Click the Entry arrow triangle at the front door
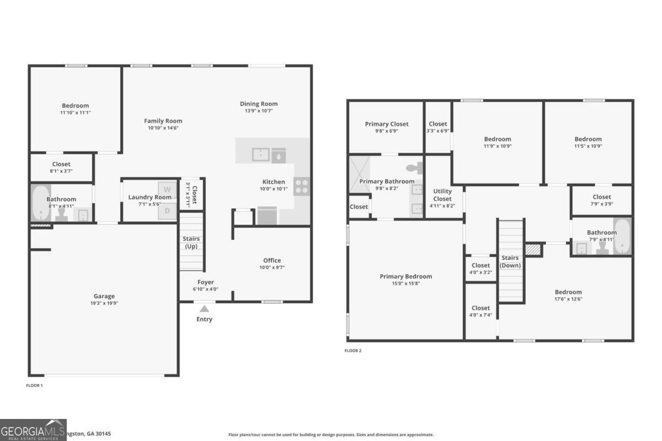click(204, 309)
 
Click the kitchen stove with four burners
click(302, 186)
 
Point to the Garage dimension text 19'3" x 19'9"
click(104, 303)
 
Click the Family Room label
click(163, 121)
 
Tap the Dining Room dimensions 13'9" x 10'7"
click(259, 111)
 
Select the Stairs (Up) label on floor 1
click(191, 243)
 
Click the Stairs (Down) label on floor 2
click(510, 261)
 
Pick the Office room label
click(271, 260)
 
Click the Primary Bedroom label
click(405, 277)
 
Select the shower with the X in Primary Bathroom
click(359, 175)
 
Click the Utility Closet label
click(442, 195)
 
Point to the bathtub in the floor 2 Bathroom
click(622, 236)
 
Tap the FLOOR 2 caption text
click(353, 351)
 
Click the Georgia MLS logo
click(33, 430)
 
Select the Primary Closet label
click(387, 124)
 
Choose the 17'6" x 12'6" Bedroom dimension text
click(568, 299)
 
